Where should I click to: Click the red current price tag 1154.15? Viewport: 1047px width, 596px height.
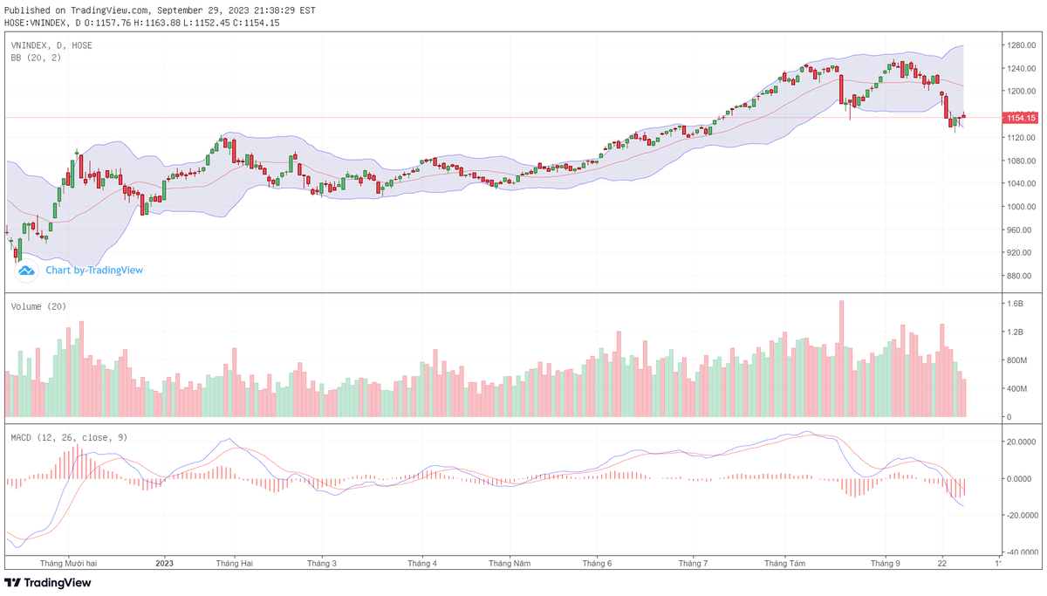[x=1020, y=118]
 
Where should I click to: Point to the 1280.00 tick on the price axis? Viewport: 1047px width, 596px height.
[x=1020, y=45]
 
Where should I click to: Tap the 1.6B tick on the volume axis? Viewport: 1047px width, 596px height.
[x=1016, y=304]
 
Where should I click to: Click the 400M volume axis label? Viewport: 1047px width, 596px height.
[x=1017, y=388]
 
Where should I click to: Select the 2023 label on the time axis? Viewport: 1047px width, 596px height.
[x=165, y=564]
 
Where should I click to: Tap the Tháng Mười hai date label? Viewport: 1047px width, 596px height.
[x=68, y=564]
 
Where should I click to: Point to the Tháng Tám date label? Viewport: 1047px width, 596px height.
[x=785, y=564]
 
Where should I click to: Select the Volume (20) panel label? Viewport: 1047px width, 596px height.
[x=38, y=306]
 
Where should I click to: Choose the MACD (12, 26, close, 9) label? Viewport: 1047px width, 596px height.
[x=69, y=437]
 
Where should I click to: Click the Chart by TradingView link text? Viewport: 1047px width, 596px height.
[x=94, y=271]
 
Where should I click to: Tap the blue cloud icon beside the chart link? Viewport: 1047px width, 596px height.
[x=27, y=271]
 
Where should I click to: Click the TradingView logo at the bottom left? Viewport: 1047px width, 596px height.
[x=48, y=583]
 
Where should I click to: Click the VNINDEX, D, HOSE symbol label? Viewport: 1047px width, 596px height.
[x=51, y=45]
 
